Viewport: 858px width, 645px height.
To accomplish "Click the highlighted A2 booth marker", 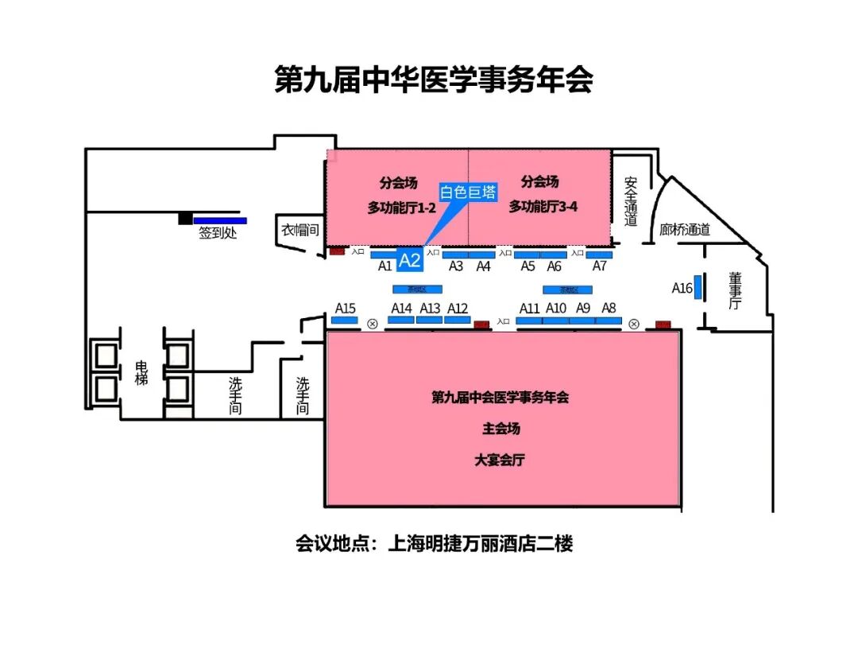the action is pos(409,260).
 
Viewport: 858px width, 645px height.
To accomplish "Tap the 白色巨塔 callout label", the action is pos(468,192).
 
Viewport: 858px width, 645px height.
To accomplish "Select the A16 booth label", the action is pos(682,288).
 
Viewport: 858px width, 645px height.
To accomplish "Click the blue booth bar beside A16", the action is pos(698,288).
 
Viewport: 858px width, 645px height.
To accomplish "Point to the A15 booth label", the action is pos(346,308).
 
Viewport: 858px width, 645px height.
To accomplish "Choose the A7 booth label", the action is pos(600,266).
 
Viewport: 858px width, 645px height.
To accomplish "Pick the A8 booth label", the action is pos(609,308).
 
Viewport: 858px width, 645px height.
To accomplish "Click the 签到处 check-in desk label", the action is pos(218,234).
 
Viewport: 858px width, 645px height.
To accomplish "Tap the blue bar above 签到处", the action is pos(220,221).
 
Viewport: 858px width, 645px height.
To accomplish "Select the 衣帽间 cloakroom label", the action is pos(300,231).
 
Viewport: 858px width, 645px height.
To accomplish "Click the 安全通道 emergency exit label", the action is pos(631,201).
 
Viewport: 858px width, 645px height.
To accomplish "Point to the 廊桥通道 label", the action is pos(685,230).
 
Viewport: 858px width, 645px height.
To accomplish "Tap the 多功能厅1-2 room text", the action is pos(402,207).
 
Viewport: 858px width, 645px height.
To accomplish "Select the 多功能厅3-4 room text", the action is pos(543,207).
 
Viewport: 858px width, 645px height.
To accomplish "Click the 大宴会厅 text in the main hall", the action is pos(500,460).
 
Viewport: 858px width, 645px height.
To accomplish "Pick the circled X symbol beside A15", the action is pos(373,324).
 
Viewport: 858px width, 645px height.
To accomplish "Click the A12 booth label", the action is pos(458,309).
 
